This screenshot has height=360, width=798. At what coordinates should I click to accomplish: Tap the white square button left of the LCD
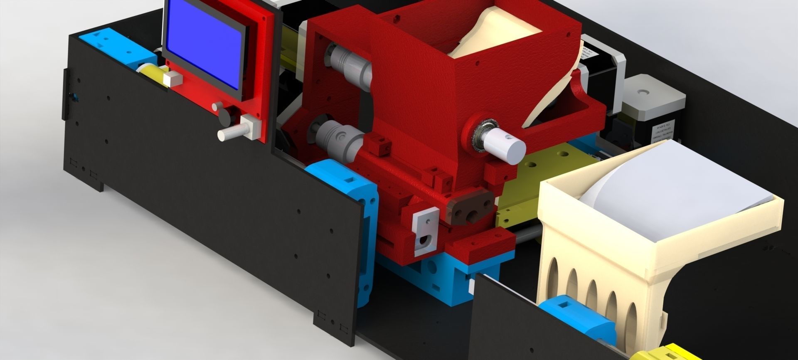[x=173, y=79]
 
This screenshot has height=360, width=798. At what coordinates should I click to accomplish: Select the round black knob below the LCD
[x=224, y=116]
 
